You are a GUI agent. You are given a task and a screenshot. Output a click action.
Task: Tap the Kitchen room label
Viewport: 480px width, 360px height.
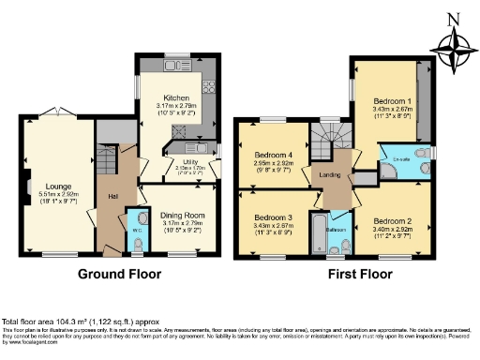[x=176, y=97]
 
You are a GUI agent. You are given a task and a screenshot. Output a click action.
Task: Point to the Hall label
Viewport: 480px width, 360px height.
[x=112, y=195]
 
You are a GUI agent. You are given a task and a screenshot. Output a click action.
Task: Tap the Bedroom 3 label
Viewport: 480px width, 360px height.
[x=271, y=217]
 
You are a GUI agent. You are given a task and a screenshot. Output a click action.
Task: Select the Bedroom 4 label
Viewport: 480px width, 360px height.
[x=271, y=152]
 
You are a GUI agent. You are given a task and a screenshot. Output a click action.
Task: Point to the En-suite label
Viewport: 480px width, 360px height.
[x=400, y=160]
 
